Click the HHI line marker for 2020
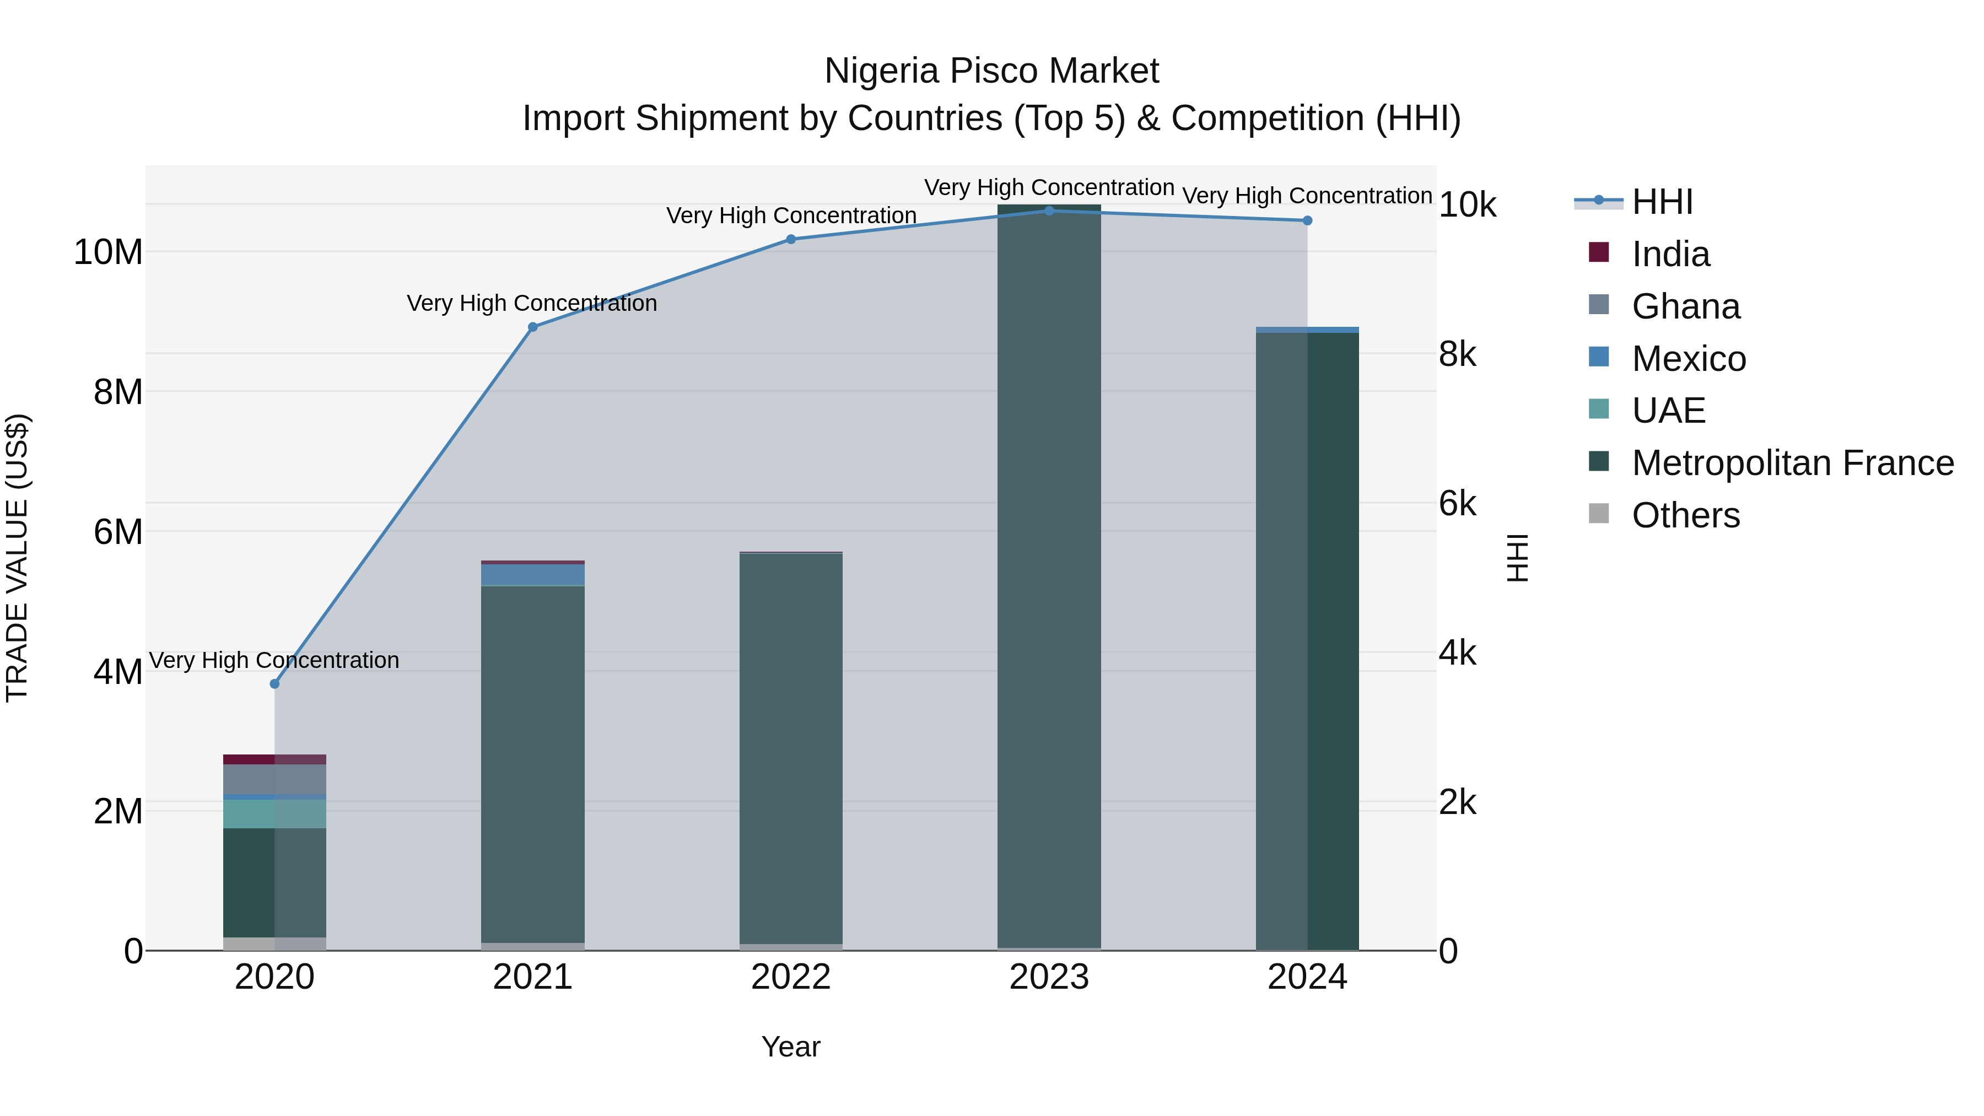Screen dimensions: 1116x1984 [274, 684]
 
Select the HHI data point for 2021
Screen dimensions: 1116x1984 [532, 327]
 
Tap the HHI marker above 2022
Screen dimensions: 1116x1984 [790, 240]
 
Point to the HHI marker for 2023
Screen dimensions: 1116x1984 [1049, 211]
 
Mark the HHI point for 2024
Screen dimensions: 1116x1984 [1307, 221]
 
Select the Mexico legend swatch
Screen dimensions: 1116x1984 [1599, 357]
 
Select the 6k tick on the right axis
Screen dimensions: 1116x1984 [1457, 504]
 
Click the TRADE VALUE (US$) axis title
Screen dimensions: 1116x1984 [17, 558]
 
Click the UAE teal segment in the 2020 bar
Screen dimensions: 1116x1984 [274, 814]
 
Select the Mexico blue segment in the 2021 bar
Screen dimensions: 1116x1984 [532, 575]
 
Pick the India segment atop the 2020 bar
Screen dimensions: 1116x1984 [274, 759]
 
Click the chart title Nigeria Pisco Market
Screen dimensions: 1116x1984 [991, 72]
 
